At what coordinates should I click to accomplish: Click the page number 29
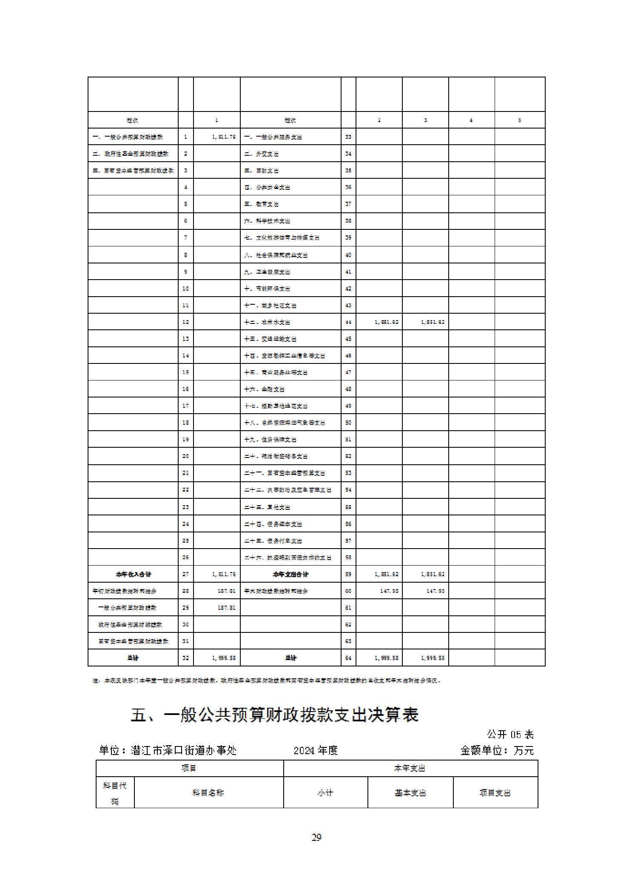(316, 837)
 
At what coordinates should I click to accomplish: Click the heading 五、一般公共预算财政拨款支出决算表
(274, 715)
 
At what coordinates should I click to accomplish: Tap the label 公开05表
(510, 734)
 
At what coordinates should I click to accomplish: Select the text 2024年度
(316, 750)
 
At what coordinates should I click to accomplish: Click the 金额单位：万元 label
(496, 750)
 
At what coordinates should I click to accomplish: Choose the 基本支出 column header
(410, 792)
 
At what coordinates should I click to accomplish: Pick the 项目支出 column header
(495, 792)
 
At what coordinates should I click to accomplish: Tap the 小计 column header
(325, 792)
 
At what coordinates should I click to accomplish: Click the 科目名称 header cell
(208, 792)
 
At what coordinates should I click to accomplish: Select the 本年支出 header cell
(410, 768)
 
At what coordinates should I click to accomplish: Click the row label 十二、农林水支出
(267, 322)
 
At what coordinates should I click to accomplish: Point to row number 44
(348, 322)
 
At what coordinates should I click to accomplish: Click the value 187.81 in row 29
(226, 608)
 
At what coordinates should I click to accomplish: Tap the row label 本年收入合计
(133, 574)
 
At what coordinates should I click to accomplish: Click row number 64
(348, 658)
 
